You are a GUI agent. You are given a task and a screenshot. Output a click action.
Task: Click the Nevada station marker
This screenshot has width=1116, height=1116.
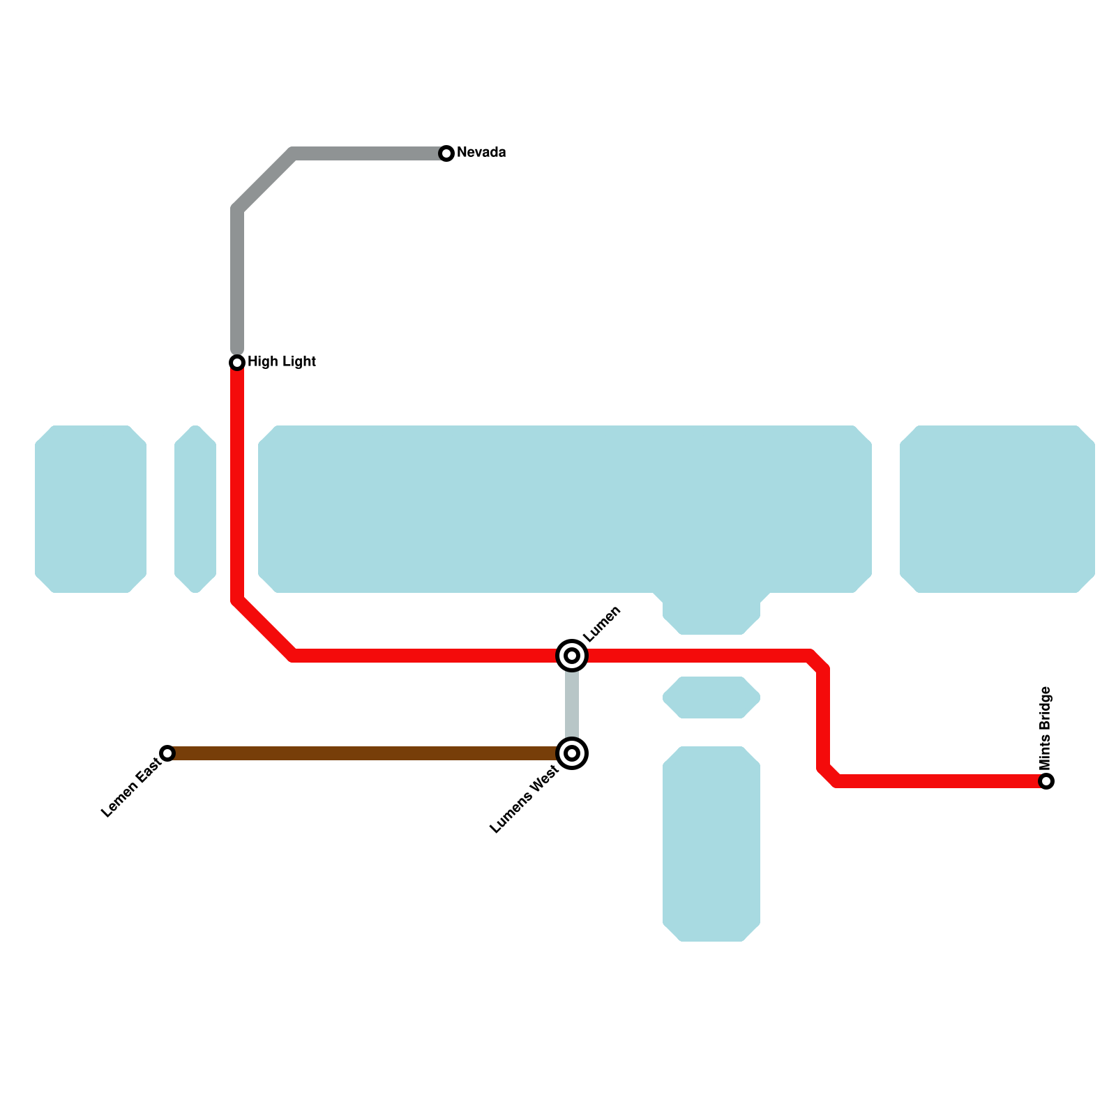446,153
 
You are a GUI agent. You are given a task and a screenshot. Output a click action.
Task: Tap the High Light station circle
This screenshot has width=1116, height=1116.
237,362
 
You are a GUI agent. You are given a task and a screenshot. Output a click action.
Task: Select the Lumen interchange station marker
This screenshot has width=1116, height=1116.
572,656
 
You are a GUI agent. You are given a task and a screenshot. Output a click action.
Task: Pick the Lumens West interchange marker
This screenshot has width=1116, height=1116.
572,753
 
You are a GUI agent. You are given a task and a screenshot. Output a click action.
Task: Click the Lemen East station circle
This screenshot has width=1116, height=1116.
167,753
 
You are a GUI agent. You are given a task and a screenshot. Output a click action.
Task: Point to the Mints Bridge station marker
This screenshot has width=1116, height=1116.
1046,781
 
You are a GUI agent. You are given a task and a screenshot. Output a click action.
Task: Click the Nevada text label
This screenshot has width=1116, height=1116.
481,153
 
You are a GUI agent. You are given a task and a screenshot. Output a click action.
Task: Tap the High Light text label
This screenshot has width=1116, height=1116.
282,361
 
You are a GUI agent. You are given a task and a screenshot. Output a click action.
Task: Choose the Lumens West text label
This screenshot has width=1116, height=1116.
524,799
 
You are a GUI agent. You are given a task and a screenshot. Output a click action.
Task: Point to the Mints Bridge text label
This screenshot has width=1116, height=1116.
1045,727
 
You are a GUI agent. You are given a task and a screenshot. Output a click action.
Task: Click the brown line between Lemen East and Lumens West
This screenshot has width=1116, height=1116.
363,753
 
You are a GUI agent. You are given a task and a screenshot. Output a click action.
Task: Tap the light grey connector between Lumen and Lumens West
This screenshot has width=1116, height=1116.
572,704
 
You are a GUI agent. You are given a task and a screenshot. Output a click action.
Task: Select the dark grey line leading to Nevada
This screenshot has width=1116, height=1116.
237,279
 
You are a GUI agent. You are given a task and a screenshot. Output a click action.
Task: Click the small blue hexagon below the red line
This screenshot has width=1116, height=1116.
711,697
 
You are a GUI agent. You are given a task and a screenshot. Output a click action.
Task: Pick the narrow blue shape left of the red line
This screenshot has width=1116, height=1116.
195,509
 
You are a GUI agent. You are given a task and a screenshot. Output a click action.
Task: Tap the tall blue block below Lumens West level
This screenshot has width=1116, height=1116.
711,844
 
